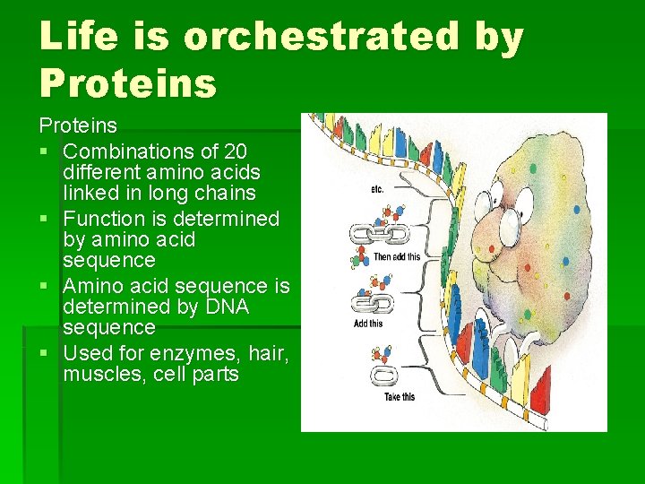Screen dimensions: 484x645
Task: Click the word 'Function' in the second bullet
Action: click(104, 219)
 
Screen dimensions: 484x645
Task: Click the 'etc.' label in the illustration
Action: click(377, 189)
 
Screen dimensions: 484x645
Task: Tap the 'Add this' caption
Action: click(368, 323)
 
